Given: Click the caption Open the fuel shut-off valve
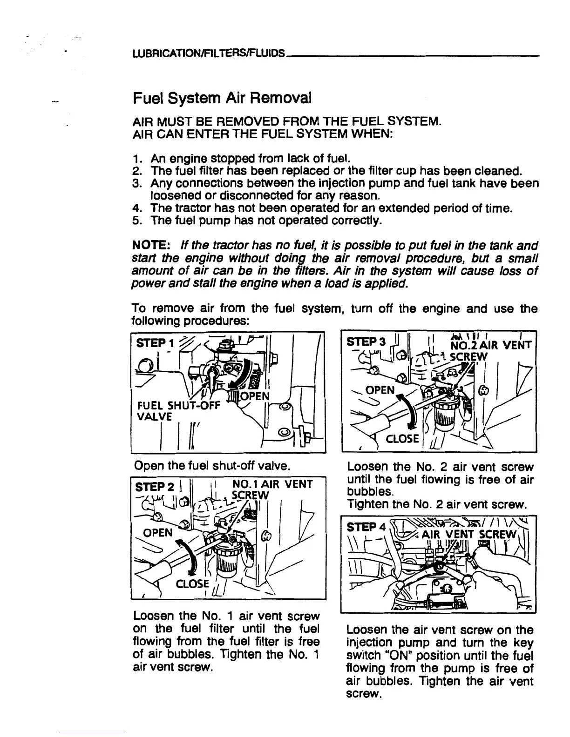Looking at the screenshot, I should pos(212,465).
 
